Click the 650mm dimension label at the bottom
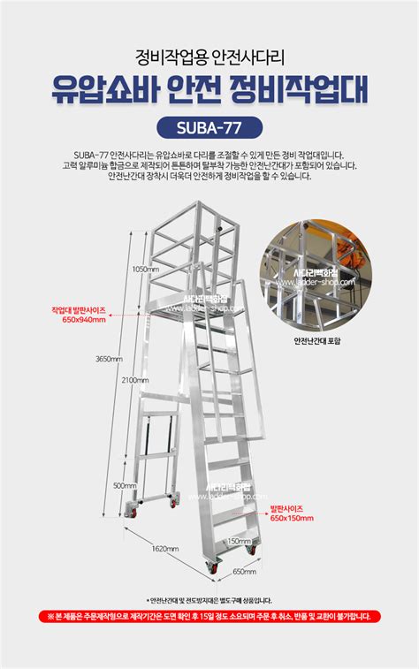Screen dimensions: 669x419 click(244, 570)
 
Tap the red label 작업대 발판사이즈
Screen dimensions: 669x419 click(80, 310)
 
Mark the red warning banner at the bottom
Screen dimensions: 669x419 click(209, 617)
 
